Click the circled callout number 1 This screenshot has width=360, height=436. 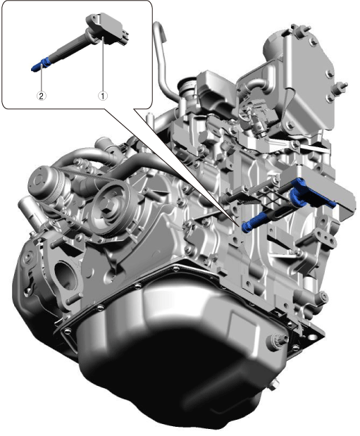coord(102,96)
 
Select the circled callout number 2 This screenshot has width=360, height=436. coord(42,96)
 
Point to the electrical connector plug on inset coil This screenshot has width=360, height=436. coord(124,37)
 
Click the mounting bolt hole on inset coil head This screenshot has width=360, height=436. coord(94,19)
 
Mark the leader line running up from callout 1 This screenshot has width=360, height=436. coord(103,64)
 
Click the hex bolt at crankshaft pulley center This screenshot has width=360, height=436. coord(107,206)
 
